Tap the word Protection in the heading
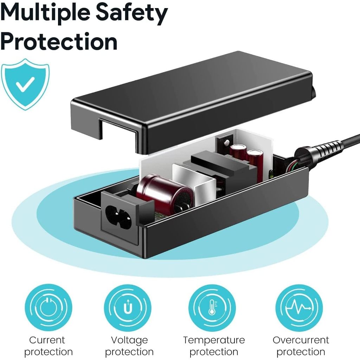[x=59, y=41]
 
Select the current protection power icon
[x=49, y=308]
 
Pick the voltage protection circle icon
[x=128, y=308]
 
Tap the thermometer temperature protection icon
[x=212, y=308]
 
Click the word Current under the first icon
[x=47, y=340]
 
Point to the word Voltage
[x=129, y=340]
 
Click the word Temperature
[x=214, y=340]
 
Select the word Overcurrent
[x=301, y=340]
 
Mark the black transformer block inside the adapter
[x=225, y=169]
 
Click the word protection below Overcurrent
[x=301, y=352]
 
